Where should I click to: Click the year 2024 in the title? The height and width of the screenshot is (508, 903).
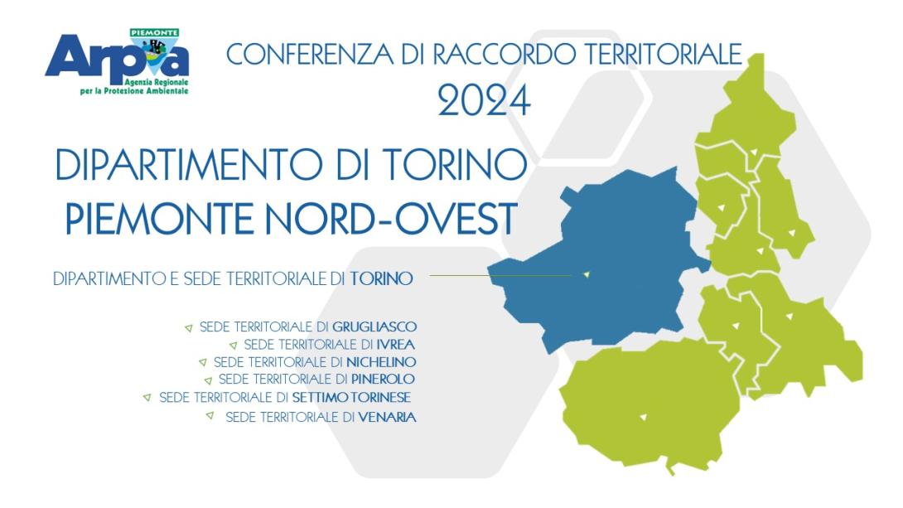[484, 101]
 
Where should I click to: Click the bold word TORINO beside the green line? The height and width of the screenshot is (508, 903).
[381, 278]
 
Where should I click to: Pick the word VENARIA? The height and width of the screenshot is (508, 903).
[388, 417]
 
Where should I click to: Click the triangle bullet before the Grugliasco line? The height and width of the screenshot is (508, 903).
[189, 327]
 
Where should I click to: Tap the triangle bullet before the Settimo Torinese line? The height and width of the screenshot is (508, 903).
[147, 397]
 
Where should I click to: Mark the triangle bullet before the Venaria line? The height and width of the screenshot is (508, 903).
[210, 415]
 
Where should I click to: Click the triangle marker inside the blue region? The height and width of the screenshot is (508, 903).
[587, 274]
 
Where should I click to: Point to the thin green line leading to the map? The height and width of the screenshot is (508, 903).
[497, 276]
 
